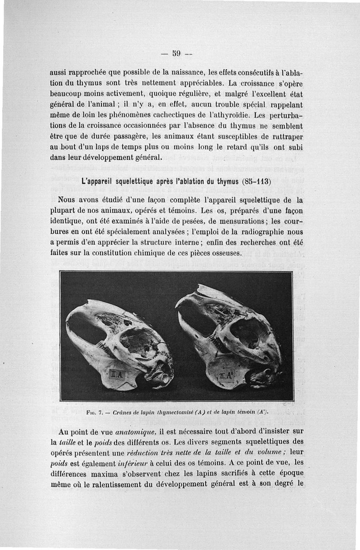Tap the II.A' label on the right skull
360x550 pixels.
click(225, 376)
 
